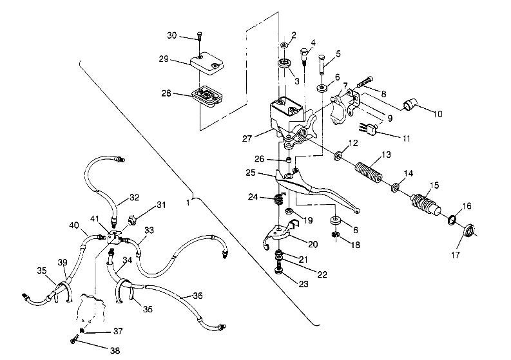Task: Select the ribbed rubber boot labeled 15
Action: pos(424,201)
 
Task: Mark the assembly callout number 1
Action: pos(188,203)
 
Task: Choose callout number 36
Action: pos(197,296)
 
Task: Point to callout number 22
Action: pos(322,274)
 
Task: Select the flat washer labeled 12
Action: pos(338,156)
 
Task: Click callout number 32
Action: pos(133,198)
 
